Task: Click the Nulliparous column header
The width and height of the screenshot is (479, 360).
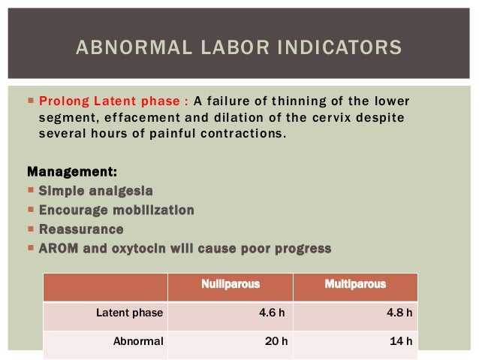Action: click(x=230, y=284)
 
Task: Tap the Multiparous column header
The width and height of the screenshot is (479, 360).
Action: click(x=355, y=284)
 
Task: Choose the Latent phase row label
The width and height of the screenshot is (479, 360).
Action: click(x=130, y=313)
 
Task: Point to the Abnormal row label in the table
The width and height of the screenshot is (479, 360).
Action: click(x=138, y=342)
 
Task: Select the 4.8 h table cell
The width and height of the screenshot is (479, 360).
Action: click(x=398, y=313)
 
